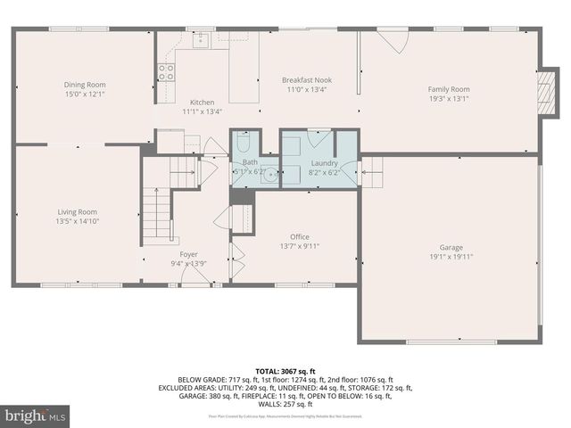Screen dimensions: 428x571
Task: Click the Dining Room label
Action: click(x=78, y=85)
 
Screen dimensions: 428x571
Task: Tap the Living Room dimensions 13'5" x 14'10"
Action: click(x=77, y=221)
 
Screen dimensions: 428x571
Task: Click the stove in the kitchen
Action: click(x=166, y=73)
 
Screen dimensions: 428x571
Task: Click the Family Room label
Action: click(x=449, y=89)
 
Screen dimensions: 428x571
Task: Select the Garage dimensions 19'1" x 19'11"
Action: click(x=451, y=257)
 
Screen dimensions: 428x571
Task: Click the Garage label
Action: click(x=451, y=247)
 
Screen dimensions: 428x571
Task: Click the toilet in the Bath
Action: click(x=244, y=144)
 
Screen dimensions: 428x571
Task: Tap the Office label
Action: click(x=299, y=236)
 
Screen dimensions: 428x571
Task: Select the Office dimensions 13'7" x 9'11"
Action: click(x=299, y=246)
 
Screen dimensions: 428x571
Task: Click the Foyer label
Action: click(x=188, y=254)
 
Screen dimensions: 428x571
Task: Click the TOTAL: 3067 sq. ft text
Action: click(x=285, y=369)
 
